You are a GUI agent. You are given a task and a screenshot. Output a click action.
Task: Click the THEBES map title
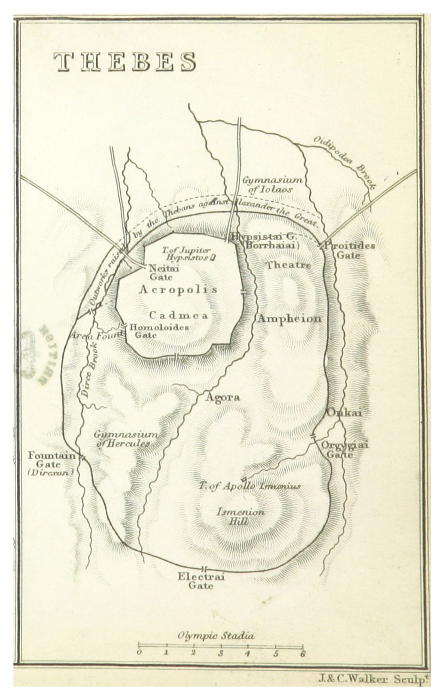125,62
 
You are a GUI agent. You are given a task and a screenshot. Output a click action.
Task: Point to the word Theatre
288,266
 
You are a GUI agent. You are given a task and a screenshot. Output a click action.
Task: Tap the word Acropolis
178,289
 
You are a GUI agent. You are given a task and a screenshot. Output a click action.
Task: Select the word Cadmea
178,316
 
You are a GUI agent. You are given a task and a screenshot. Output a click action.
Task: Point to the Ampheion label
289,319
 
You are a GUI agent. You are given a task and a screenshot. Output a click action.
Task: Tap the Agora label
222,398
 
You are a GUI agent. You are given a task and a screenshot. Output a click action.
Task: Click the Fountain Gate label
50,464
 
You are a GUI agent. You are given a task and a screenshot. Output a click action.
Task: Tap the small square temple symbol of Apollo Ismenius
244,479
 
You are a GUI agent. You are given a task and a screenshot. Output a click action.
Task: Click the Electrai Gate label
201,581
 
